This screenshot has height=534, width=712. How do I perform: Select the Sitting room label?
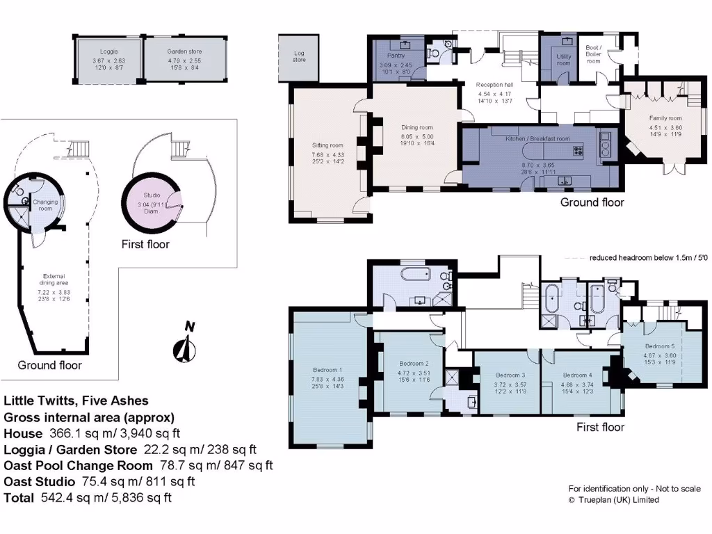(x=327, y=145)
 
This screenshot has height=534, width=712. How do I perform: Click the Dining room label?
(x=417, y=127)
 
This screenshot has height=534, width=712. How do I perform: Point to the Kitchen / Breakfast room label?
(x=537, y=138)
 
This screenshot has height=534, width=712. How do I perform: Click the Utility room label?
(x=563, y=59)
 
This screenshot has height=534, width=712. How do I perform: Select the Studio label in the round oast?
(x=152, y=195)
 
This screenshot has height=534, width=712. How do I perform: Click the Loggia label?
(x=108, y=51)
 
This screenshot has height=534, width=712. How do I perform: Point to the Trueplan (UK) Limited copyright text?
(x=614, y=499)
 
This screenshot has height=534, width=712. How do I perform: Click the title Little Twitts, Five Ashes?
(x=76, y=400)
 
